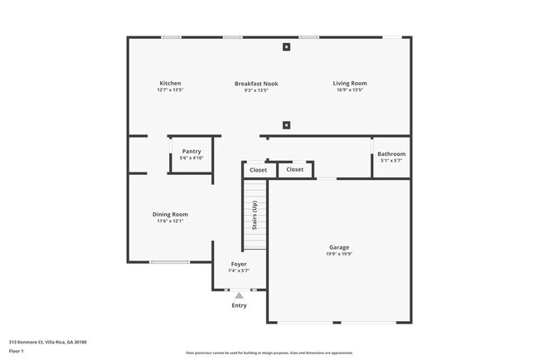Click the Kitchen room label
coord(170,83)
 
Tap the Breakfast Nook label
coord(256,83)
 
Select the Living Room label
coord(350,83)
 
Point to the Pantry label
coord(192,151)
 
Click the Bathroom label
coord(391,153)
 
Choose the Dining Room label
coord(170,214)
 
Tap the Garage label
coord(339,247)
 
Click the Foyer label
coord(239,264)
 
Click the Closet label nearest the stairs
coord(259,170)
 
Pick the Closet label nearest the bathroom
coord(294,169)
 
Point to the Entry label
coord(239,305)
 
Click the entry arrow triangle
coord(239,294)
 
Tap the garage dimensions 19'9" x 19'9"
coord(339,255)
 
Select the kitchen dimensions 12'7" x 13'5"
coord(170,90)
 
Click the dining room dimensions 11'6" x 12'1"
coord(170,221)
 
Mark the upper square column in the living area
coord(286,47)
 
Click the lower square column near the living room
coord(286,125)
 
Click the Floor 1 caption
coord(17,351)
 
